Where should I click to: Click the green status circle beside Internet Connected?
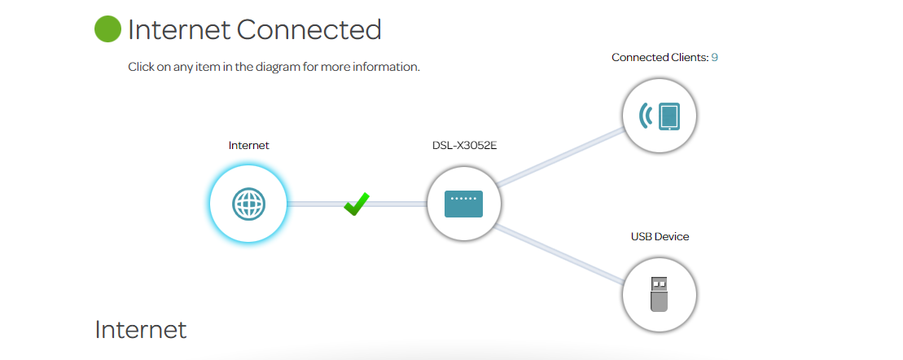pos(108,29)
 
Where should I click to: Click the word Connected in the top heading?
pos(309,30)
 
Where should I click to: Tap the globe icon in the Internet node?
pos(248,204)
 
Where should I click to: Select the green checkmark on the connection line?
pos(356,204)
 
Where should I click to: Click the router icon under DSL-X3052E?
pos(463,204)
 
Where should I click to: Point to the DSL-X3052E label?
pos(463,146)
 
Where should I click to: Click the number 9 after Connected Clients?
pos(714,58)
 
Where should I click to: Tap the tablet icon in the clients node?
pos(668,116)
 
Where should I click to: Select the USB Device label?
pos(660,237)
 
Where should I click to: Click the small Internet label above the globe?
pos(248,146)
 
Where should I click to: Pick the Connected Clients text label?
pos(660,58)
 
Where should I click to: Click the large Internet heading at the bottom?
pos(141,330)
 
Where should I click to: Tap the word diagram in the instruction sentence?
pos(274,67)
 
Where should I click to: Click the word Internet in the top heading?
pos(179,30)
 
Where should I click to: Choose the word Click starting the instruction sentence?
pos(141,67)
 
